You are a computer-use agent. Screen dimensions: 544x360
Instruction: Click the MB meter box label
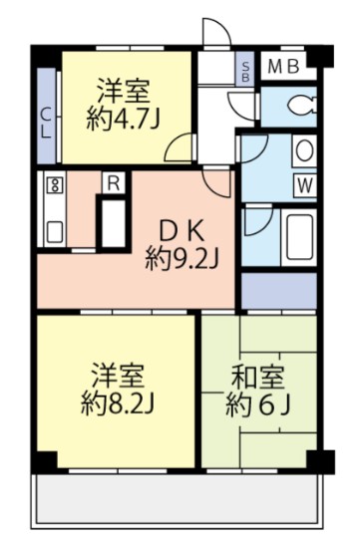[283, 68]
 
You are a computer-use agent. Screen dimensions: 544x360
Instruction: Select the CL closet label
[46, 126]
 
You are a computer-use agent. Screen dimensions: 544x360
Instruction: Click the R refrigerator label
[114, 183]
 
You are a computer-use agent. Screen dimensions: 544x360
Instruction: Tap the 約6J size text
[257, 406]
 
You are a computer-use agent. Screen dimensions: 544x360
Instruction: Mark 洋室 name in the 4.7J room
[124, 90]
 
